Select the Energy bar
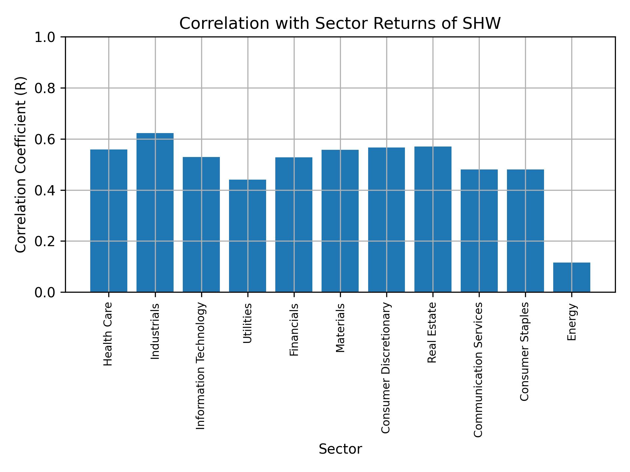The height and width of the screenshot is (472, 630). tap(572, 277)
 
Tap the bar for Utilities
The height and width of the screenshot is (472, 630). tap(247, 236)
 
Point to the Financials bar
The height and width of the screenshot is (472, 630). tap(294, 225)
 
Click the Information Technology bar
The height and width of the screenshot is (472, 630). tap(201, 224)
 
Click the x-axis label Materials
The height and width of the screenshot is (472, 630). tap(340, 328)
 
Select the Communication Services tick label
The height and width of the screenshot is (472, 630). tap(478, 369)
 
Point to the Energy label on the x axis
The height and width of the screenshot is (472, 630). tap(572, 322)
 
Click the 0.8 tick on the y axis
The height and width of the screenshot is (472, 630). tap(46, 88)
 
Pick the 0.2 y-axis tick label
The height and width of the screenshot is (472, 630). tap(46, 241)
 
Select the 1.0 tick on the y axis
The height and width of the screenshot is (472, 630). tap(46, 37)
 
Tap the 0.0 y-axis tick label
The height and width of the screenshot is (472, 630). tap(46, 292)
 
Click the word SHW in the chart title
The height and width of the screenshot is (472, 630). tap(481, 24)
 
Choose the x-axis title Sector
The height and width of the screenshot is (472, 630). tap(340, 449)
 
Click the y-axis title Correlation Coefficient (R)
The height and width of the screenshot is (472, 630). tap(21, 165)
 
